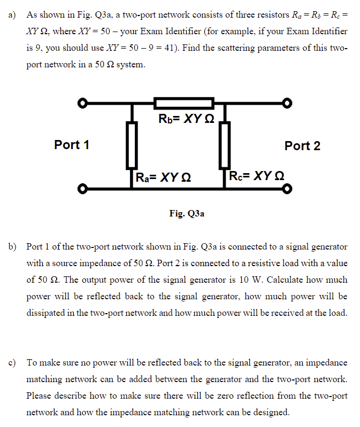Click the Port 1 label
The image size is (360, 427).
72,145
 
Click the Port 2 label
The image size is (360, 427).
302,145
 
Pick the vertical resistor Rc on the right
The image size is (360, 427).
224,145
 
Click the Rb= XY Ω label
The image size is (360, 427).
186,119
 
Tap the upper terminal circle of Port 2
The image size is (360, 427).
287,103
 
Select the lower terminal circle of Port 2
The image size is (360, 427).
287,189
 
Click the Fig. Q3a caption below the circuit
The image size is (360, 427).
186,214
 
